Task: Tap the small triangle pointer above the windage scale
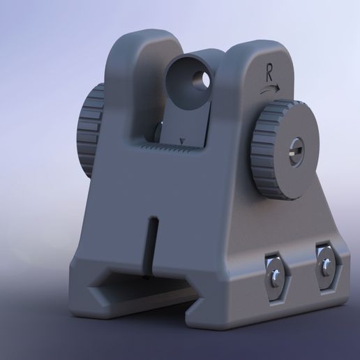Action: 182,142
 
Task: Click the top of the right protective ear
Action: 254,46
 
